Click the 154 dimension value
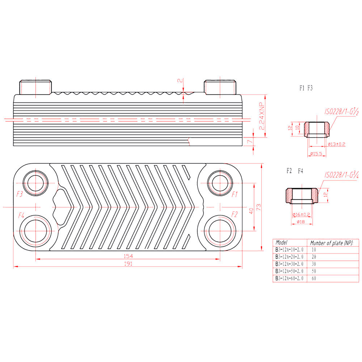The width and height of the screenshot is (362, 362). [x=128, y=256]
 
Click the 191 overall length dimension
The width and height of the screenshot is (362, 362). [x=128, y=264]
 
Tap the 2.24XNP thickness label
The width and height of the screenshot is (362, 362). [x=262, y=116]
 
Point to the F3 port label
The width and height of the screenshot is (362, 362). [x=20, y=194]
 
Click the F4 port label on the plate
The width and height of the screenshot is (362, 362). [x=21, y=215]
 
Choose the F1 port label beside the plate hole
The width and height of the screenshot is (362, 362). [x=235, y=194]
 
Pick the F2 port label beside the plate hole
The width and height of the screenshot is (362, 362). [x=234, y=214]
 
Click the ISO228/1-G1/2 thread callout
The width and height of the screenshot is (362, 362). [x=341, y=112]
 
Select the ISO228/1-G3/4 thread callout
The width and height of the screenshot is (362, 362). [x=341, y=175]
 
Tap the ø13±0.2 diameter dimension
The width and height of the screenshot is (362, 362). [x=336, y=144]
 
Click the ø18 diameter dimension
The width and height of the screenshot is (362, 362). [x=301, y=222]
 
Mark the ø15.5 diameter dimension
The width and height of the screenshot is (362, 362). [x=316, y=153]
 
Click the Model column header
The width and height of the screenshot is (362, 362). [x=281, y=243]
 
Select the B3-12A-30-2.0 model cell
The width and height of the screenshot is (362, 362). [x=289, y=264]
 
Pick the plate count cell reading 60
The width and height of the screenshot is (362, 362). [x=314, y=278]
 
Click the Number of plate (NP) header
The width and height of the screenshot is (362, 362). [x=332, y=243]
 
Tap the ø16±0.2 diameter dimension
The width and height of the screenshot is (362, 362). [x=301, y=214]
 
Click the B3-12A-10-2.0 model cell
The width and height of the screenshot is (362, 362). [x=289, y=249]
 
